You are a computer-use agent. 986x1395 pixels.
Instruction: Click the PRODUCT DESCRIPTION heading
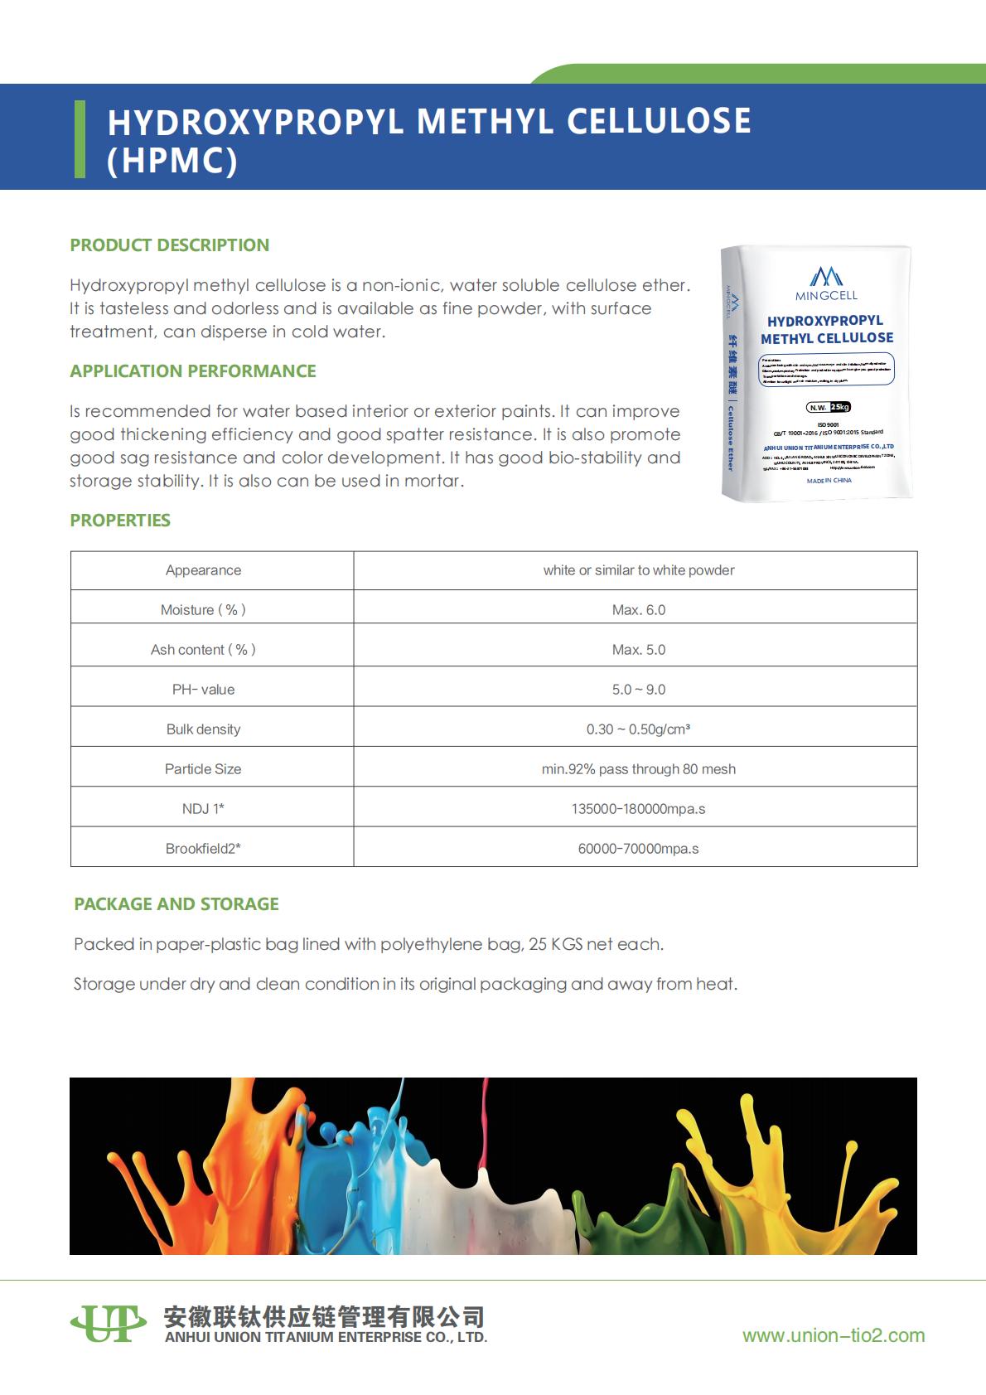169,245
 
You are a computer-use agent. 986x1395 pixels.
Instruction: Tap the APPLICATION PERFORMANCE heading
192,371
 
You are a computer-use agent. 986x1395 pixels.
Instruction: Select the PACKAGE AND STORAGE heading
176,904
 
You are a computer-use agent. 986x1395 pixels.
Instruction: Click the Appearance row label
203,570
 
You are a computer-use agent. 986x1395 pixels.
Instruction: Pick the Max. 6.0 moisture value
638,610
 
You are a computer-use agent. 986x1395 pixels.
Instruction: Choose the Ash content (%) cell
203,650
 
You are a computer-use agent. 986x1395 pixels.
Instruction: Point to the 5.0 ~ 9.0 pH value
638,690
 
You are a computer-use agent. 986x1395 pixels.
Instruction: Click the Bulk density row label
203,729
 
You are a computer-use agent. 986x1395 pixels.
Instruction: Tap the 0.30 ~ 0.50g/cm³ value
638,729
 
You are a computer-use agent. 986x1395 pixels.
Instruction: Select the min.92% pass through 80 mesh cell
638,769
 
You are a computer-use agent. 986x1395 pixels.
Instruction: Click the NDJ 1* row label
203,809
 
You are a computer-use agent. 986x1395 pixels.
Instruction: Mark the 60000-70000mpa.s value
638,849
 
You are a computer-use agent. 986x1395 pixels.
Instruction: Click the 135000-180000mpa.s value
638,809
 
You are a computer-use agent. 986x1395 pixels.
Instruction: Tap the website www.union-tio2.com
833,1335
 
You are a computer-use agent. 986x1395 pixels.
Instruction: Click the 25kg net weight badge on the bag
839,407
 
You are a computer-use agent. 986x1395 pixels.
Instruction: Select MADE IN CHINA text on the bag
829,481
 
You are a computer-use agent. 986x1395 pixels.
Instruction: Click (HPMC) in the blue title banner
172,161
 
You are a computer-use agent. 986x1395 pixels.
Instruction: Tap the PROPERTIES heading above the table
120,521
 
